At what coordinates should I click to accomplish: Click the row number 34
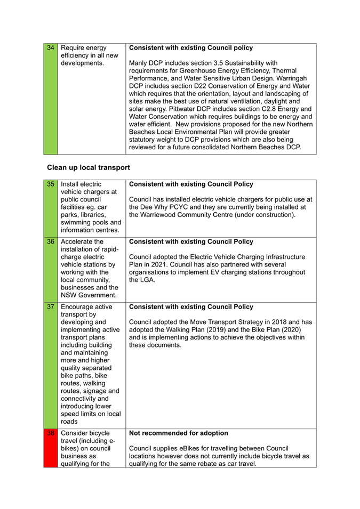[51, 48]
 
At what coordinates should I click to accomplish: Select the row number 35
[51, 184]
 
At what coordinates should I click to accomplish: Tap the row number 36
[51, 241]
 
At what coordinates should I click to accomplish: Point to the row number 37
[51, 307]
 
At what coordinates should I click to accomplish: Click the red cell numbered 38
[51, 433]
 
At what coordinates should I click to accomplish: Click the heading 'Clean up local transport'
[89, 167]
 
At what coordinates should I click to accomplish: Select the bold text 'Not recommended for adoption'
[179, 433]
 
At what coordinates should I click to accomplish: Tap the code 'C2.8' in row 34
[262, 109]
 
